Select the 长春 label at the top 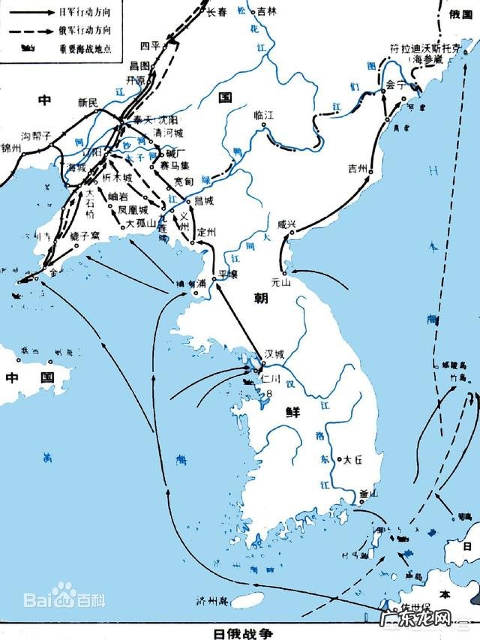[216, 11]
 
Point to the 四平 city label [160, 43]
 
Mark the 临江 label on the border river [264, 115]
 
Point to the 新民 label [88, 102]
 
